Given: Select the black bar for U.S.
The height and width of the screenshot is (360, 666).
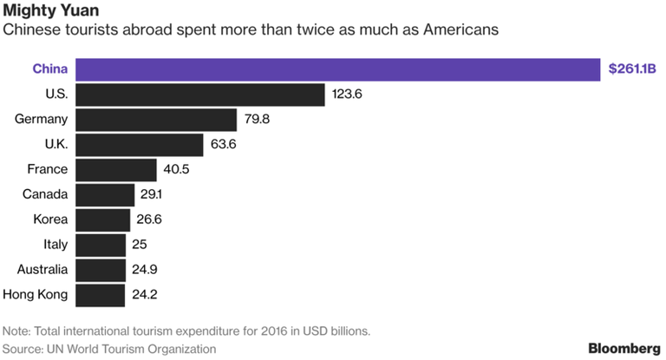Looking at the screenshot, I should (x=200, y=94).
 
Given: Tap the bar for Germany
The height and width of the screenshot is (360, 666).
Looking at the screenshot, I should (x=157, y=119).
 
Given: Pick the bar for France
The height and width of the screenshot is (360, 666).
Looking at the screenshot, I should (x=116, y=169).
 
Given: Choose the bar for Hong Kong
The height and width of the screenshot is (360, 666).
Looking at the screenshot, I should (x=101, y=295).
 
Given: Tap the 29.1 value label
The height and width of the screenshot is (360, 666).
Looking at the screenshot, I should (x=153, y=194).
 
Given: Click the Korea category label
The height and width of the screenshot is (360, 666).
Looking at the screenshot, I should (x=49, y=219).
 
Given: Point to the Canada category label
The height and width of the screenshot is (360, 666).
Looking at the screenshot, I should (x=45, y=194).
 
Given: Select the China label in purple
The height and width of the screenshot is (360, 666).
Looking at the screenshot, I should (x=50, y=69).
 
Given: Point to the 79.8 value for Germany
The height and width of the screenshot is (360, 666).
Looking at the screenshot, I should (x=258, y=119).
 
